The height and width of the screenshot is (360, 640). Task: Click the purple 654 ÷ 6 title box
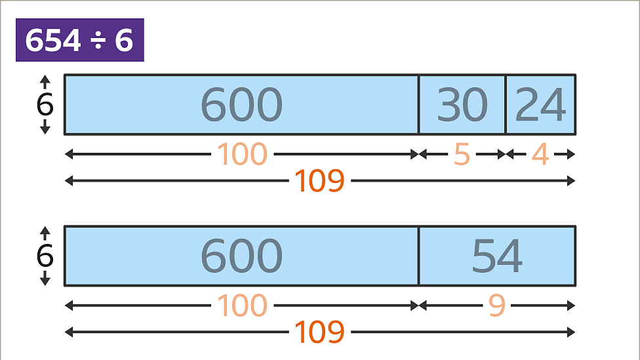[79, 40]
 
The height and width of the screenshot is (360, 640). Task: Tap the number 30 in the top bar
[462, 105]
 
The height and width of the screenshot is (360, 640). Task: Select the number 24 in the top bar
[540, 105]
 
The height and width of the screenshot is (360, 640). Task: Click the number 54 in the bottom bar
[497, 256]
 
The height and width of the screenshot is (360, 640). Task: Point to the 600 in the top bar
[241, 105]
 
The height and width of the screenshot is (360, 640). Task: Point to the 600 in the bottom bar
[241, 256]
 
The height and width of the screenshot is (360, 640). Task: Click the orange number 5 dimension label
[462, 154]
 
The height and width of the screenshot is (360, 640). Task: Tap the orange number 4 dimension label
[540, 154]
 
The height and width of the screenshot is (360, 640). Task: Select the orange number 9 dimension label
[497, 306]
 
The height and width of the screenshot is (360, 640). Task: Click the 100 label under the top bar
[242, 154]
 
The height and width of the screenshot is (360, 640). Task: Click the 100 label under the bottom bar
[242, 306]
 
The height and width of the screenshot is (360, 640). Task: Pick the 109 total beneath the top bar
[319, 181]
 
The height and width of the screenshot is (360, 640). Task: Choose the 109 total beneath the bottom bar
[319, 332]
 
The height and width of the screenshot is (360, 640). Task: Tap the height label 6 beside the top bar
[45, 104]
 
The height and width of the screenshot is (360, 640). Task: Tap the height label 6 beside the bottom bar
[45, 256]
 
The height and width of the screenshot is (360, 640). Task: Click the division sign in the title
[98, 41]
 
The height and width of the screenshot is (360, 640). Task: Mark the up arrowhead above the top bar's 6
[45, 79]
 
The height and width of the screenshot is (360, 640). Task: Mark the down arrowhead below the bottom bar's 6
[45, 281]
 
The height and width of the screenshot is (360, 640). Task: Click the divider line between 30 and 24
[506, 105]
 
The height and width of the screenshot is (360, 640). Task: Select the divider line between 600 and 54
[419, 256]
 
